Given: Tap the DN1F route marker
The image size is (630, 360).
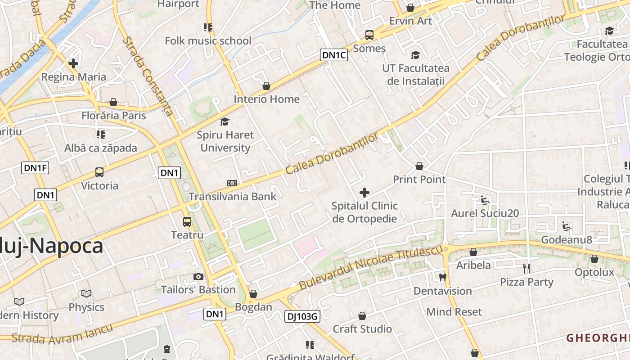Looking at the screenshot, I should click(x=35, y=168).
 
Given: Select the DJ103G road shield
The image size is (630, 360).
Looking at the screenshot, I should click(x=302, y=316).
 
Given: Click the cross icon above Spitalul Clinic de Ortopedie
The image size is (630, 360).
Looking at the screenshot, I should click(x=364, y=193).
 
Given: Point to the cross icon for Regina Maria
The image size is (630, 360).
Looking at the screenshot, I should click(x=73, y=63).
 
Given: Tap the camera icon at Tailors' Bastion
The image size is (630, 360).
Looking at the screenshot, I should click(x=198, y=276).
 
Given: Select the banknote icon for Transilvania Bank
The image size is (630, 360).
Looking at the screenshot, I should click(x=232, y=183).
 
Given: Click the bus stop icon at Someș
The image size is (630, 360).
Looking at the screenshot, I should click(x=369, y=35).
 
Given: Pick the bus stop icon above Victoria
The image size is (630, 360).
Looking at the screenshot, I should click(x=99, y=172).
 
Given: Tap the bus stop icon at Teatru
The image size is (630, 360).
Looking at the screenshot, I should click(x=187, y=221).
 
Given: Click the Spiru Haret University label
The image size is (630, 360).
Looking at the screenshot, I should click(x=225, y=141).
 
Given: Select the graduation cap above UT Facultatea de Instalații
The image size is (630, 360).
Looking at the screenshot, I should click(x=415, y=55).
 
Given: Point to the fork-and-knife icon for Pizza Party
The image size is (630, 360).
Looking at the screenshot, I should click(x=526, y=269).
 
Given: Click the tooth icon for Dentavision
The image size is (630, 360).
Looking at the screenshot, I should click(x=442, y=277).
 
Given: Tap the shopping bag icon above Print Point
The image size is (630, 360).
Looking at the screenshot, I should click(x=419, y=166).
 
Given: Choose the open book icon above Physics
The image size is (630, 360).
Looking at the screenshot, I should click(x=86, y=294).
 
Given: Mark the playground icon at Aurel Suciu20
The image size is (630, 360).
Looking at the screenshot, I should click(x=485, y=200).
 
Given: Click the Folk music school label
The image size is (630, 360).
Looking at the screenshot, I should click(x=208, y=41).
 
